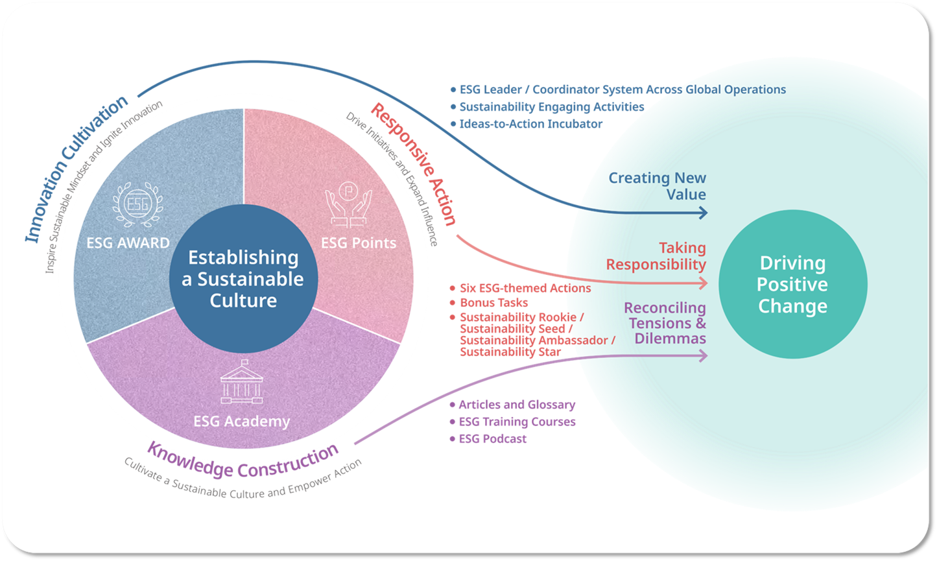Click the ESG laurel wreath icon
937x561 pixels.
(138, 204)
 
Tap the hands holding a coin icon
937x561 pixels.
(348, 204)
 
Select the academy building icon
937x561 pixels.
(242, 381)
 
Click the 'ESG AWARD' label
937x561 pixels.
(128, 243)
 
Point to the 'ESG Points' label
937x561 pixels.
(359, 243)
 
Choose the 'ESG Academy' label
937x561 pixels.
(242, 422)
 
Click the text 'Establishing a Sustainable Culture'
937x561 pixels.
(243, 279)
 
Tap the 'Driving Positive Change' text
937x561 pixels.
(792, 285)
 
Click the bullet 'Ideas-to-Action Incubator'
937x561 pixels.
(527, 124)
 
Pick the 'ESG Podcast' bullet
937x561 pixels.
(488, 439)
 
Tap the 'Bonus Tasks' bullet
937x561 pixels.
(488, 302)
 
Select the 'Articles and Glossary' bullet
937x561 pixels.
(512, 405)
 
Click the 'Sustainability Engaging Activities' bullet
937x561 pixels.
(547, 106)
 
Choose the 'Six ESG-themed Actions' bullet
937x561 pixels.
(520, 288)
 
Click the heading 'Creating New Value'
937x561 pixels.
(657, 185)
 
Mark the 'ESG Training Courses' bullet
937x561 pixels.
(512, 422)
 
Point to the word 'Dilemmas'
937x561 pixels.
(670, 338)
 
